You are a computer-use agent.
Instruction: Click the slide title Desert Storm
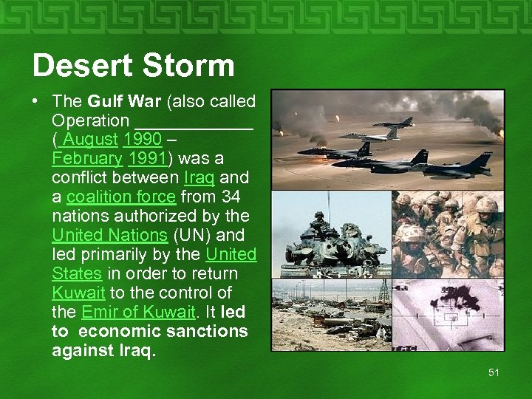[133, 66]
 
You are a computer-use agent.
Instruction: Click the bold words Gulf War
[123, 101]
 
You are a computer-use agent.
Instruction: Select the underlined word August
[89, 140]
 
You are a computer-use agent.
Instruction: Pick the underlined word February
[87, 159]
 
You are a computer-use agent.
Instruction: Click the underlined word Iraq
[199, 178]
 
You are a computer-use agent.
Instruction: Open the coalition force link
[121, 197]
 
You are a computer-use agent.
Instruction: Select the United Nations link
[110, 236]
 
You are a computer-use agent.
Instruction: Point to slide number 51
[494, 372]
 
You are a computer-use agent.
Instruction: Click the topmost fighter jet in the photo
[394, 122]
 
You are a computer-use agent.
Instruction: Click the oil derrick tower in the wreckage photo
[382, 293]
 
